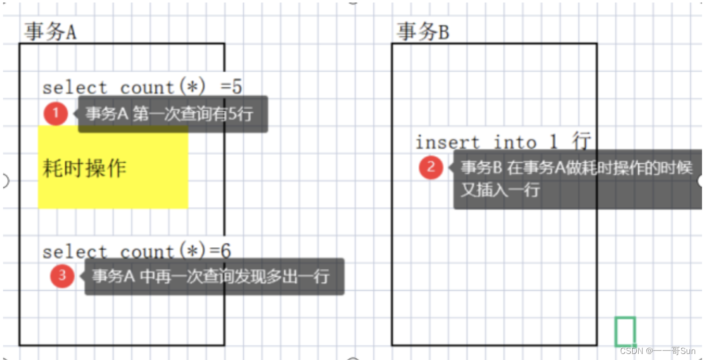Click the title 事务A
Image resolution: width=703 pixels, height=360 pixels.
coord(50,32)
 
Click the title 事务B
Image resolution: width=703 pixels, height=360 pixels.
coord(422,32)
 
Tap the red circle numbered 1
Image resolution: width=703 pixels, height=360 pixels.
coord(55,114)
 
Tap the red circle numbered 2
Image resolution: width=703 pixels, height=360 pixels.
coord(431,167)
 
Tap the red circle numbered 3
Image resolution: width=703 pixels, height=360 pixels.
coord(62,276)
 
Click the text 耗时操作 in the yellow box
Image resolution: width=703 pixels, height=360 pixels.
coord(84,168)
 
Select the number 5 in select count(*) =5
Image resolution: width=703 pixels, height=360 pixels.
coord(237,87)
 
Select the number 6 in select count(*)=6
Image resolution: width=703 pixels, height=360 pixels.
coord(226,251)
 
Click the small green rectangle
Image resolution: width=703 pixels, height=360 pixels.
coord(625,332)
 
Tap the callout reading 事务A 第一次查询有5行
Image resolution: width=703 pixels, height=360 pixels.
coord(172,114)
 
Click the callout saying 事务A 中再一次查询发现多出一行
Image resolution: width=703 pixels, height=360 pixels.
coord(213,277)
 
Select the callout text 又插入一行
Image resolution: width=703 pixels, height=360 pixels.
coord(500,191)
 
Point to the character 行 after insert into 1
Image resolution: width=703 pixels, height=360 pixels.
coord(582,142)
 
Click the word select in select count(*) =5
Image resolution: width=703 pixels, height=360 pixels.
coord(75,87)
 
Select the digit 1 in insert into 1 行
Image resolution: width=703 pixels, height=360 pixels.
coord(554,142)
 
